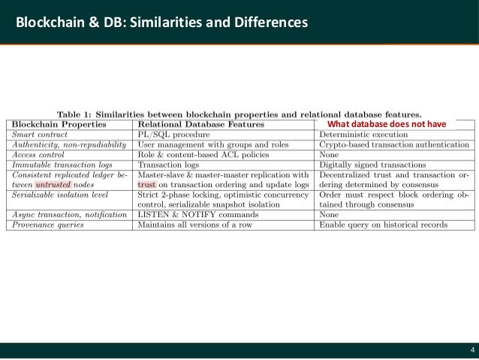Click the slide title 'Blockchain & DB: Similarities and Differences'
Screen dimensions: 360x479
[158, 23]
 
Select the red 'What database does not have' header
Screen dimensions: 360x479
[387, 124]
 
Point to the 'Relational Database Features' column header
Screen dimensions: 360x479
[197, 124]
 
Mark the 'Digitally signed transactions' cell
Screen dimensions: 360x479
[372, 164]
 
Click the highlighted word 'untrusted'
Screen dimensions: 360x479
[53, 183]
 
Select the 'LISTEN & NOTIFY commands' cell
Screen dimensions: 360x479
[197, 214]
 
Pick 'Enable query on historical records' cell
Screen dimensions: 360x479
[384, 224]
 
